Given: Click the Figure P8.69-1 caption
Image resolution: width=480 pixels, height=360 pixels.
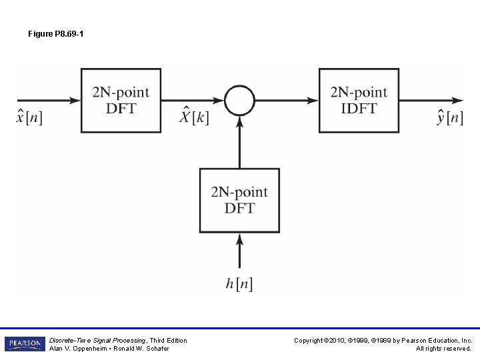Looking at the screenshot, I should [x=56, y=33].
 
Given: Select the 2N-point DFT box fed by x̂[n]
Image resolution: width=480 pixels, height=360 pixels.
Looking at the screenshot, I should [x=121, y=100].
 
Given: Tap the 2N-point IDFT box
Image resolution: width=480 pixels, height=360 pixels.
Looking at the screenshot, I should [x=359, y=100].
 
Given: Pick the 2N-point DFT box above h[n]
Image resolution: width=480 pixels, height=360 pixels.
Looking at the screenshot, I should [x=239, y=200].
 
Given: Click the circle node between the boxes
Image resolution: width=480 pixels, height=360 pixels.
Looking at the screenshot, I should [x=239, y=101].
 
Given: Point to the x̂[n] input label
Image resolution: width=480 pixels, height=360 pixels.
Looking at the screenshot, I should [x=29, y=118].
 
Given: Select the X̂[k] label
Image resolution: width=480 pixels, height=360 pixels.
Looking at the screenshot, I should [x=195, y=118].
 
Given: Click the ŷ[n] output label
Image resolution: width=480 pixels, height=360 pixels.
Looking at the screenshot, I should [x=449, y=118].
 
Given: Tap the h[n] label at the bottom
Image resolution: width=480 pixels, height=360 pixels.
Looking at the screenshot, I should [x=239, y=283].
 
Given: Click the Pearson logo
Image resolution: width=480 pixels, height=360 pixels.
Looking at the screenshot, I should [x=25, y=344].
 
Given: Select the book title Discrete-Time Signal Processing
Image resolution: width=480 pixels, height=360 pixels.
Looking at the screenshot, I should [x=93, y=341].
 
